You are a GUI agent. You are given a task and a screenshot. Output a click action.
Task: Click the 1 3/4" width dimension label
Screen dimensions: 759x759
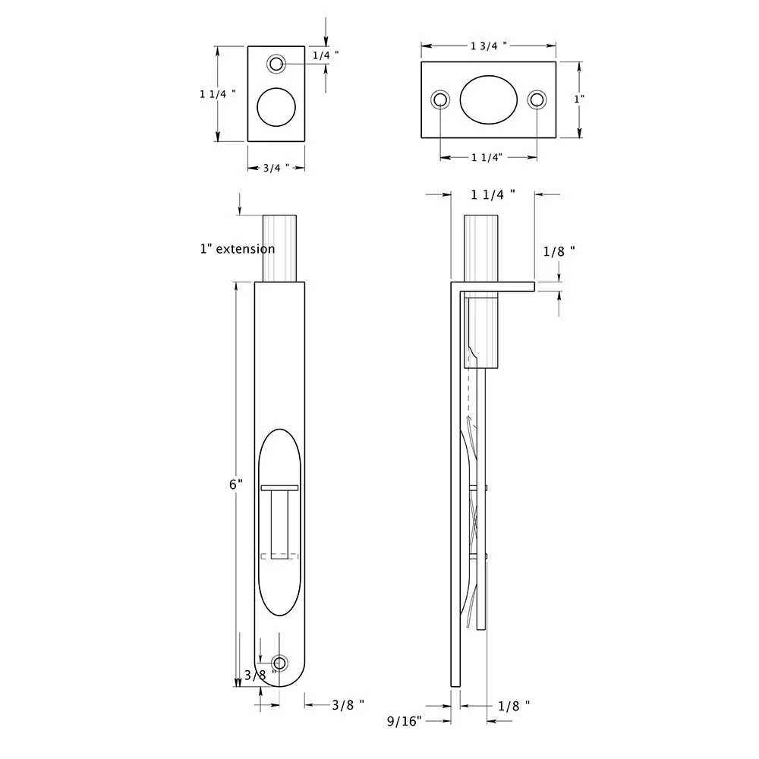pyautogui.click(x=488, y=46)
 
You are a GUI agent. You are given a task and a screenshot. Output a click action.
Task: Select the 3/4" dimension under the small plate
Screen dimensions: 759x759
pyautogui.click(x=276, y=168)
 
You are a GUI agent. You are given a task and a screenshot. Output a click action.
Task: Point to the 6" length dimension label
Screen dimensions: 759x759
pyautogui.click(x=236, y=483)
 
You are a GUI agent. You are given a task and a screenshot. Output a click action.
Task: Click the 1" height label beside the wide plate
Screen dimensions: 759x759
pyautogui.click(x=580, y=99)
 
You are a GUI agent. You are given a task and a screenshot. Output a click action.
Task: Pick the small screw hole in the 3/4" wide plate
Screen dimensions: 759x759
pyautogui.click(x=276, y=62)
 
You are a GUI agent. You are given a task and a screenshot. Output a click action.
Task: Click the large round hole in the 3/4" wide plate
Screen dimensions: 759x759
pyautogui.click(x=276, y=106)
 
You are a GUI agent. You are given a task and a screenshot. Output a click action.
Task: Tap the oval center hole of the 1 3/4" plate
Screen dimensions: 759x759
pyautogui.click(x=489, y=99)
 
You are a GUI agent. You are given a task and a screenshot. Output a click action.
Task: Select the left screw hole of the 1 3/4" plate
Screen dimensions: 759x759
pyautogui.click(x=440, y=99)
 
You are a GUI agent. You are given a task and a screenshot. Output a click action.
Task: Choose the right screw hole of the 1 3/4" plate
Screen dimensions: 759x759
pyautogui.click(x=537, y=99)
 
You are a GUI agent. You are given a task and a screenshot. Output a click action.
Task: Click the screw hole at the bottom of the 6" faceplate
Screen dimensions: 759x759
pyautogui.click(x=279, y=663)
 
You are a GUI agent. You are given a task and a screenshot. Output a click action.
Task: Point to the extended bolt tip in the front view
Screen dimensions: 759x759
pyautogui.click(x=279, y=247)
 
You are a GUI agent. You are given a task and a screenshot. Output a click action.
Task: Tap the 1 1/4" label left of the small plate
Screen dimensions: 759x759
pyautogui.click(x=217, y=93)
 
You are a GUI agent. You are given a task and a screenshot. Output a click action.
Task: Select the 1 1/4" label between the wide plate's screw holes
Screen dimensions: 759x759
pyautogui.click(x=488, y=157)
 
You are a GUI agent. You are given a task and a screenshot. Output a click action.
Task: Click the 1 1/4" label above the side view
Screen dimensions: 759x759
pyautogui.click(x=493, y=194)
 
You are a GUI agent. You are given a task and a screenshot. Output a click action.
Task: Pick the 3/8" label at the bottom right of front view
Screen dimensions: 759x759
pyautogui.click(x=348, y=704)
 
